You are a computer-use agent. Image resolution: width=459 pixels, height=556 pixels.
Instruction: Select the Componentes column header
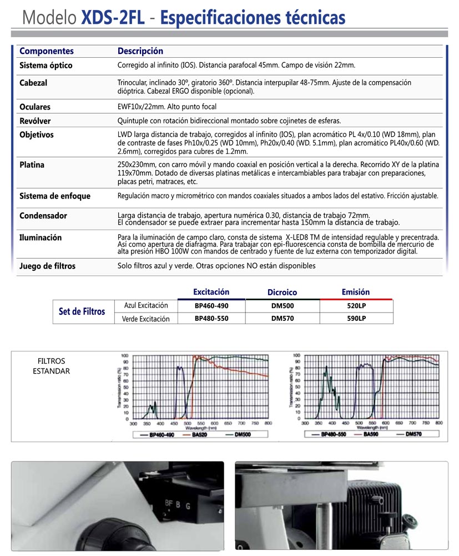coord(47,51)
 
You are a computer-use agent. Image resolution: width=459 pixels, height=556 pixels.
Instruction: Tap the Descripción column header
coord(140,51)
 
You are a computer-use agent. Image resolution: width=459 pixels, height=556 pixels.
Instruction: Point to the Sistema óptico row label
coord(46,66)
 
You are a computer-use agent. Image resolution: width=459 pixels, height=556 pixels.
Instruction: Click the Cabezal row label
coord(33,83)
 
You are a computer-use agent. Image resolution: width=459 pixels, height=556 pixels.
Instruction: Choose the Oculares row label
coord(35,107)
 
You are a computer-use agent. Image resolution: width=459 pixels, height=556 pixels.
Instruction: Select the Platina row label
coord(32,165)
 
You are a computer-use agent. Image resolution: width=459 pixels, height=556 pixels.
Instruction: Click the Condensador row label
coord(43,215)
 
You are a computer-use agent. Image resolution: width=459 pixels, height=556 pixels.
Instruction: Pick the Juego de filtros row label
coord(47,266)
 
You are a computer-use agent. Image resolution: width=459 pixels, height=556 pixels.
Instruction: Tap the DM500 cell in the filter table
coord(283,306)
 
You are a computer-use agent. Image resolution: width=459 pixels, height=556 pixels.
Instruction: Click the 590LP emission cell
coord(356,319)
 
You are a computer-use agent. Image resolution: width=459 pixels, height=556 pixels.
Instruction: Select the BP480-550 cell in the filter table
coord(211,319)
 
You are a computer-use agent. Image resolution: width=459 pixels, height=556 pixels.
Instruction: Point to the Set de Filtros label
coord(82,312)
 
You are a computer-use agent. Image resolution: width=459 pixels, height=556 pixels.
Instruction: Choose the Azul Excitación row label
coord(145,306)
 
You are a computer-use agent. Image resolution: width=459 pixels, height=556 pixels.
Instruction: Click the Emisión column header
coord(356,292)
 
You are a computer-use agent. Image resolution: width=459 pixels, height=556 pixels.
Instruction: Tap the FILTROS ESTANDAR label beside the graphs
coord(52,366)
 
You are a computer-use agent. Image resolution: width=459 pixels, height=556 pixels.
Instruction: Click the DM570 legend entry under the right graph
coord(415,434)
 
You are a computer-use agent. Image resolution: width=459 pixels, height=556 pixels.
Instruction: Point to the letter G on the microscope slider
coord(188,506)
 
